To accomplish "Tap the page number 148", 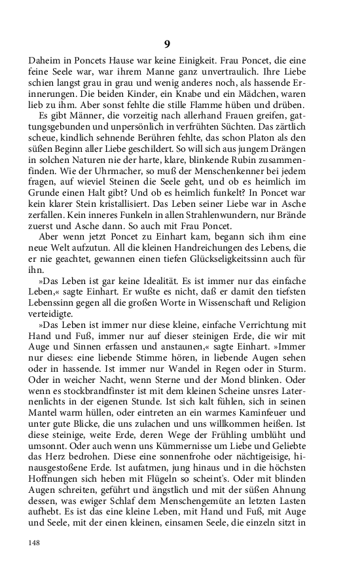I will [x=35, y=543].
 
